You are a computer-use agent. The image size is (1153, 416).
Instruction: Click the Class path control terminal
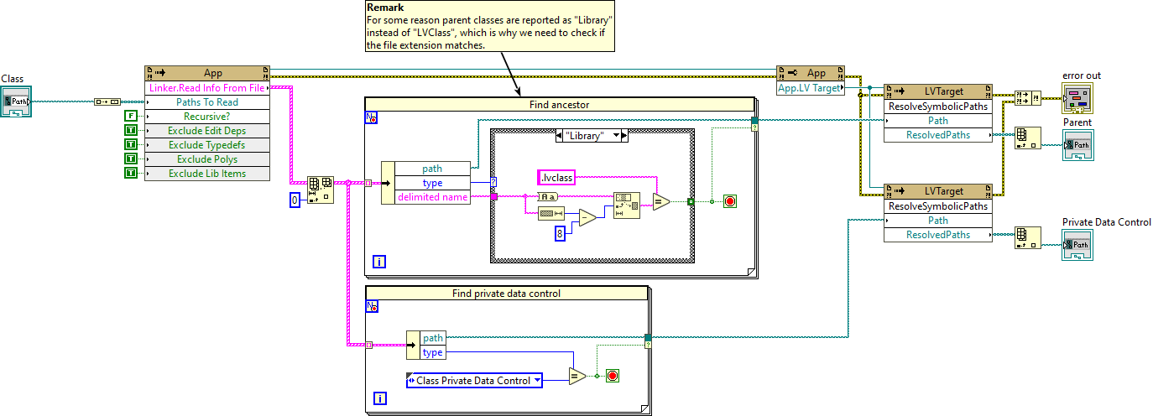tap(16, 103)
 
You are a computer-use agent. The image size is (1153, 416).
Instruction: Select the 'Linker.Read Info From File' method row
tap(206, 87)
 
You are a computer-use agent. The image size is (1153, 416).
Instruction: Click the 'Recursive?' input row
tap(206, 116)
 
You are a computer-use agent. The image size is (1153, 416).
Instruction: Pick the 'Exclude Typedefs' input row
tap(206, 144)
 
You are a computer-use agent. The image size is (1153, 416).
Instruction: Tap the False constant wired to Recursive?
tap(130, 116)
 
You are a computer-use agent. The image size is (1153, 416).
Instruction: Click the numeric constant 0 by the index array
tap(295, 200)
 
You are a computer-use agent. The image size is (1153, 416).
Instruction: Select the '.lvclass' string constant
tap(556, 177)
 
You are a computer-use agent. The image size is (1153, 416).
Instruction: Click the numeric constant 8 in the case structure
tap(559, 234)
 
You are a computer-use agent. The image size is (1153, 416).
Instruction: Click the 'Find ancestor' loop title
tap(560, 105)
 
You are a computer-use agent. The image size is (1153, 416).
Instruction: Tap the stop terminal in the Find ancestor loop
tap(729, 201)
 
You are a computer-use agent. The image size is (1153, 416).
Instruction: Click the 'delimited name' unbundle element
tap(431, 197)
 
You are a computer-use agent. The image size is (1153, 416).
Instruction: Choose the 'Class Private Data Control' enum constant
tap(473, 380)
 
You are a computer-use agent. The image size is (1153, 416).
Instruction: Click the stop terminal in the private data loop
tap(612, 376)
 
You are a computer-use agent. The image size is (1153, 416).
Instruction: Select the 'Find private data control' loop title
tap(506, 293)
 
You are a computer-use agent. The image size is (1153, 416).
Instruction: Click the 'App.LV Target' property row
tap(810, 87)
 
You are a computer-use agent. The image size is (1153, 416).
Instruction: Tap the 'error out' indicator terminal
tap(1078, 98)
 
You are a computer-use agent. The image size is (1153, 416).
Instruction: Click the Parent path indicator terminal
tap(1078, 146)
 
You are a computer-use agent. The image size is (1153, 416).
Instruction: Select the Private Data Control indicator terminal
tap(1078, 245)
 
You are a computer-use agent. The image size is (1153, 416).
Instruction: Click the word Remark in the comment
tap(385, 8)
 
